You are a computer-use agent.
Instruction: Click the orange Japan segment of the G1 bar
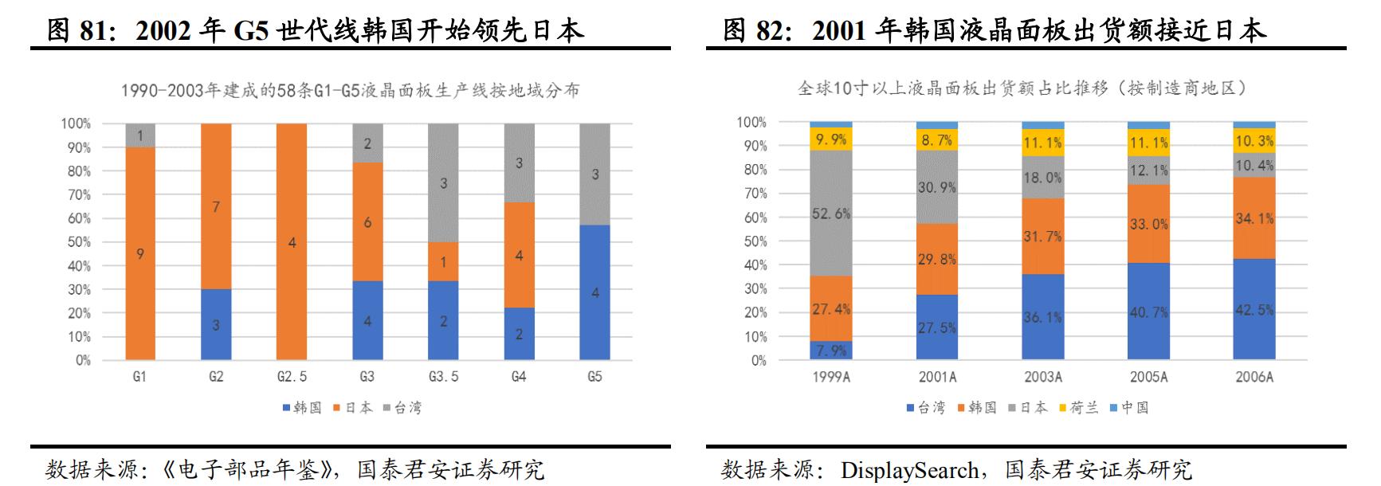[x=140, y=253]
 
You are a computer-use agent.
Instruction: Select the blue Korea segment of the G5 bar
[x=594, y=292]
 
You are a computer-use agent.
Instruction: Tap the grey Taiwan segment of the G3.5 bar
[x=443, y=183]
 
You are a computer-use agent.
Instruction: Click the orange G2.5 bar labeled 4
[x=292, y=241]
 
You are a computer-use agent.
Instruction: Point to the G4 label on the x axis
[x=519, y=377]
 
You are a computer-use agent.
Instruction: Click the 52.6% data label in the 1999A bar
[x=831, y=214]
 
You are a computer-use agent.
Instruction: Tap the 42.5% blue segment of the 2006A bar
[x=1253, y=310]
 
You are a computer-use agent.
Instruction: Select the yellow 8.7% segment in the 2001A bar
[x=937, y=140]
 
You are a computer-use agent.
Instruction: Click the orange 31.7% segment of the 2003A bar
[x=1042, y=236]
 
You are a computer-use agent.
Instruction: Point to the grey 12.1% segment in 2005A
[x=1148, y=170]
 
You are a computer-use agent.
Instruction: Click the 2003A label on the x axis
[x=1042, y=377]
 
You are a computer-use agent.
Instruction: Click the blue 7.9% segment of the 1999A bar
[x=831, y=351]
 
